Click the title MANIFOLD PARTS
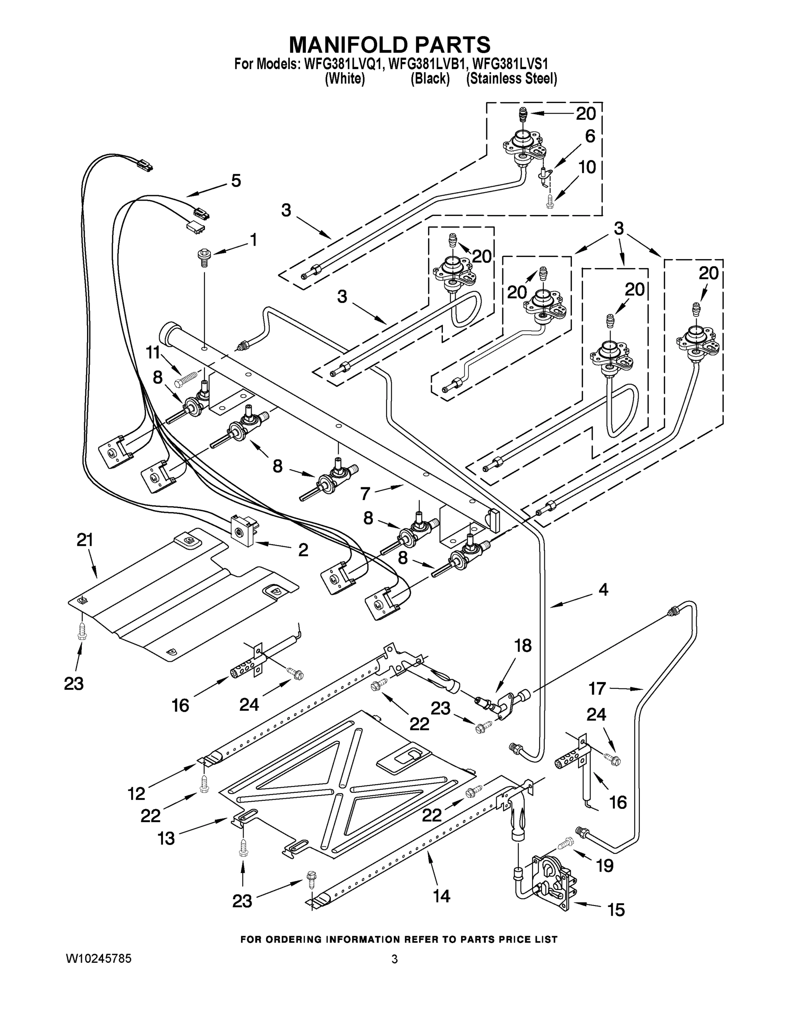tap(390, 45)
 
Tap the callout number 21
tap(85, 540)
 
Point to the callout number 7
tap(366, 494)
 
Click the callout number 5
tap(236, 181)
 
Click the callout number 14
tap(442, 895)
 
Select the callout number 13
tap(166, 839)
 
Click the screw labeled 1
tap(204, 256)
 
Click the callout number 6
tap(590, 136)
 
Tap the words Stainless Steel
tap(512, 79)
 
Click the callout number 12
tap(137, 793)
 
